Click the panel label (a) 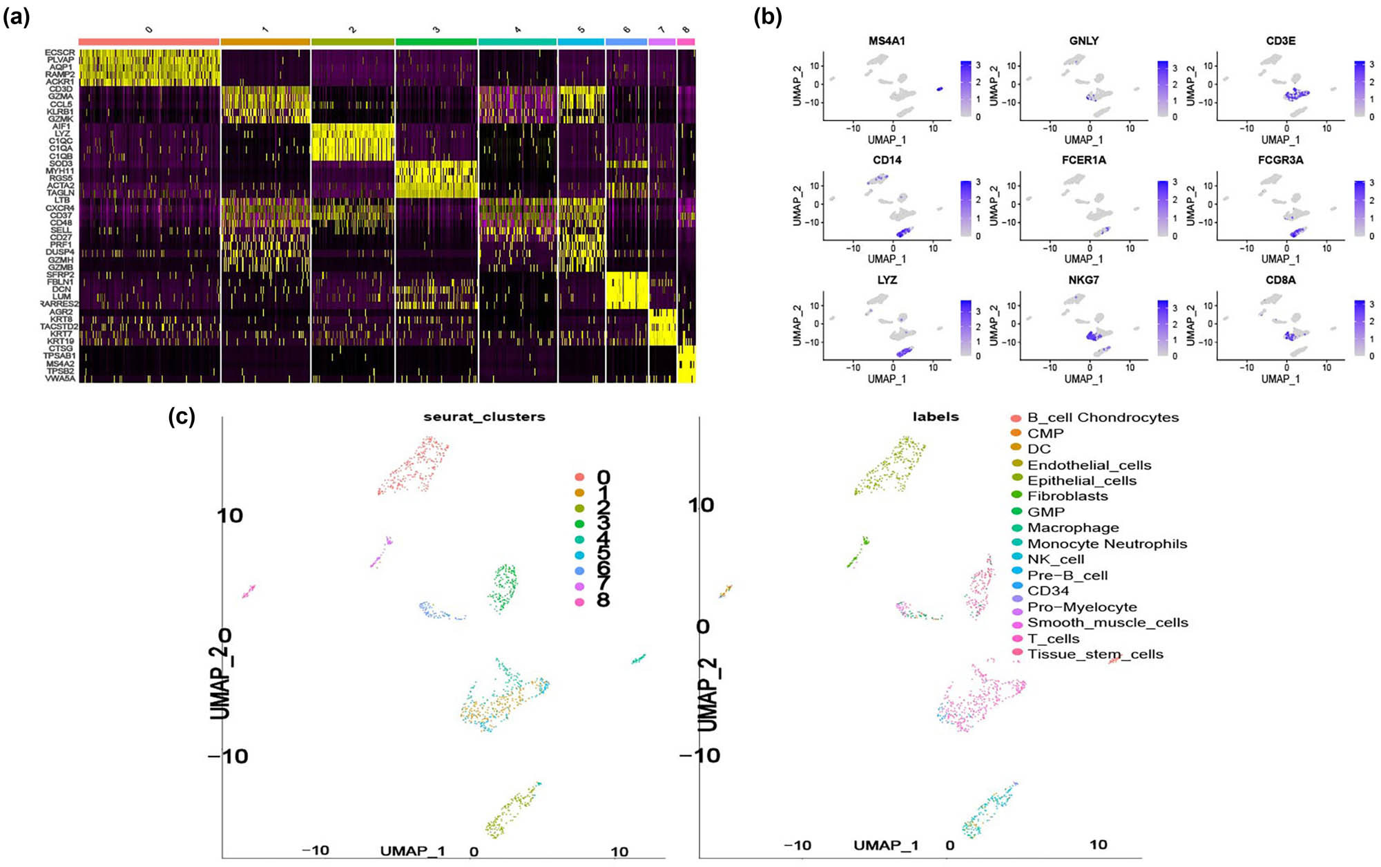(x=16, y=18)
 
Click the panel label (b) (x=767, y=18)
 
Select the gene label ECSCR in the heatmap (x=60, y=53)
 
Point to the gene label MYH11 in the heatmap (x=60, y=171)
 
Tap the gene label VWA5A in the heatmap (x=61, y=379)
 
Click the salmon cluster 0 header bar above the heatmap (x=149, y=42)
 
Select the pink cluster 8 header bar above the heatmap (x=686, y=42)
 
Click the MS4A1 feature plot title (x=887, y=41)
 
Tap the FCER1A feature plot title (x=1083, y=160)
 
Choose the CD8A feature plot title (x=1280, y=280)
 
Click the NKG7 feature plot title (x=1083, y=280)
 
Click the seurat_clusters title (x=484, y=417)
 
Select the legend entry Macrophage (x=1073, y=528)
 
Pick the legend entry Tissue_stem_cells (x=1095, y=654)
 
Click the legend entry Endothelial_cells (x=1089, y=465)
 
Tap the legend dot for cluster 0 (x=579, y=477)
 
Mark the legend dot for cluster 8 (x=579, y=602)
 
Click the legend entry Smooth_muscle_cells (x=1108, y=622)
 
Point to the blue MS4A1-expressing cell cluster (x=940, y=89)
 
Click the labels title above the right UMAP (x=936, y=417)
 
